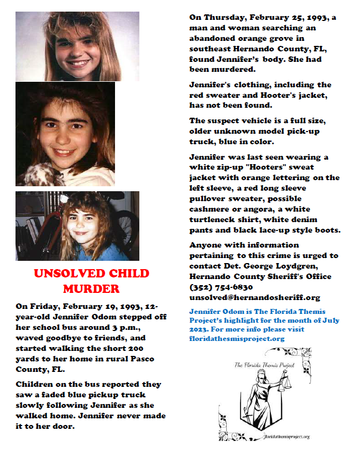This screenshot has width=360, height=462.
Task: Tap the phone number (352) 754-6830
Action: [221, 287]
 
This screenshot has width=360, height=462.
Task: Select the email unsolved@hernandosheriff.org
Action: [255, 297]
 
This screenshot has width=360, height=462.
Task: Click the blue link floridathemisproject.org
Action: [237, 338]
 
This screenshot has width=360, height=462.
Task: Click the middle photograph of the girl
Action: [65, 133]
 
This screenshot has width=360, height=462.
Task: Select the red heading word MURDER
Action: [91, 288]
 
